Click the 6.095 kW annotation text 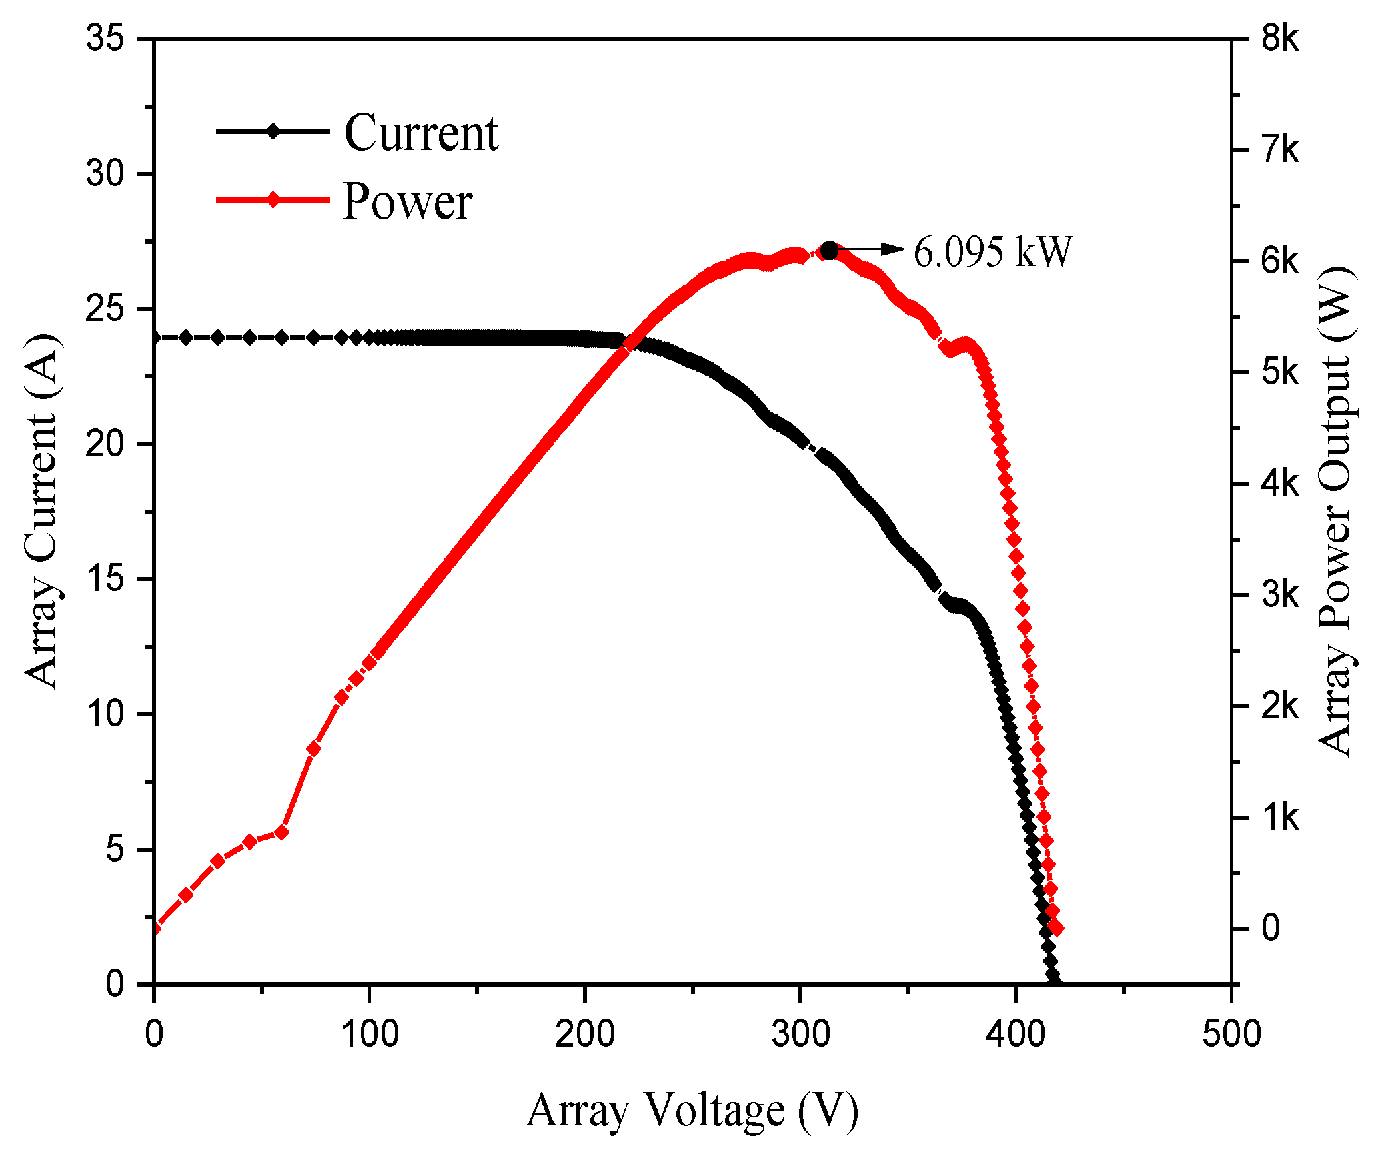(992, 252)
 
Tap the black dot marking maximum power (829, 251)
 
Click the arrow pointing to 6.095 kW (870, 249)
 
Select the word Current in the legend (421, 133)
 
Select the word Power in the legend (408, 201)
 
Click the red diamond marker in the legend (273, 199)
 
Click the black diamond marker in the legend (273, 131)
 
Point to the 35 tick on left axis (105, 38)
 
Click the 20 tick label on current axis (105, 444)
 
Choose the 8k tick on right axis (1279, 39)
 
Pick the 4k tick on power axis (1279, 484)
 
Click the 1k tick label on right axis (1279, 818)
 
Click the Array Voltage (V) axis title (692, 1110)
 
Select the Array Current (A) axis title (41, 511)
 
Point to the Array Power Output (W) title (1337, 511)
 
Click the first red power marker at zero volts (155, 928)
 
